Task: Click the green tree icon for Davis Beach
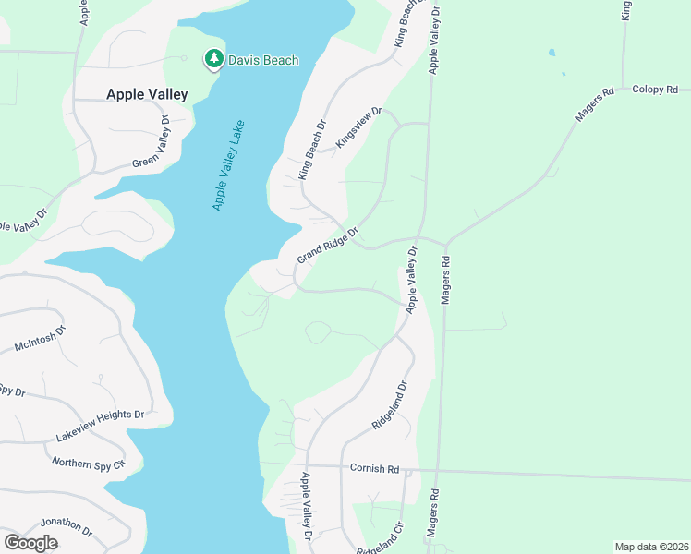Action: pos(214,60)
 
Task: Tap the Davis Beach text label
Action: pos(265,61)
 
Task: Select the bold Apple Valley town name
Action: pos(147,94)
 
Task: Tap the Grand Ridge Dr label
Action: pos(327,245)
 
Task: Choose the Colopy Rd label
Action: pos(655,90)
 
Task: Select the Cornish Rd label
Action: pos(374,469)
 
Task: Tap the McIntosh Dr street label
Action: pos(41,339)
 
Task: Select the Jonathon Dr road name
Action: pos(67,527)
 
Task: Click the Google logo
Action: pos(30,543)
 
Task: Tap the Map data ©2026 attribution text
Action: pos(650,547)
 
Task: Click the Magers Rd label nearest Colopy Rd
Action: pos(595,106)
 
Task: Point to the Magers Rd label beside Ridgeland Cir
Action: pos(431,521)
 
